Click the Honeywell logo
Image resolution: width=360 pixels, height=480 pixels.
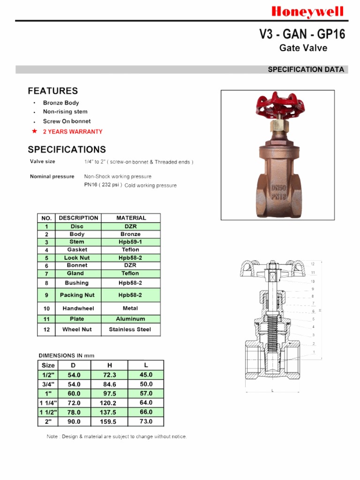[x=308, y=12]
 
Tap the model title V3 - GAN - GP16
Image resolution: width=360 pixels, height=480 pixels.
[x=302, y=34]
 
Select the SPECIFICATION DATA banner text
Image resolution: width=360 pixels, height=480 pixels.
[x=306, y=69]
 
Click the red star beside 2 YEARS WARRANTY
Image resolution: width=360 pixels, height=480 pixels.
[x=34, y=131]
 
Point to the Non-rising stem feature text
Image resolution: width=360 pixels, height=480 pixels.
[x=65, y=112]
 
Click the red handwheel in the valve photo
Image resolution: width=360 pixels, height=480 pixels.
[x=277, y=106]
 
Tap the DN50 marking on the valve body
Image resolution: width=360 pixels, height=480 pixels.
[x=278, y=187]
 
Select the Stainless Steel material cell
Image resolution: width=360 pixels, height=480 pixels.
[x=130, y=330]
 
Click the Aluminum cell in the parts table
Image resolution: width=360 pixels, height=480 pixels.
[x=131, y=319]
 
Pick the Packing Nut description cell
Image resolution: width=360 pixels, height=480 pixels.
[x=77, y=295]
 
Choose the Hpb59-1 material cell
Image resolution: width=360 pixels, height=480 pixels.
[x=130, y=242]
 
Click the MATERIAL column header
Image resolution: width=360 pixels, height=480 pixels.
[x=131, y=218]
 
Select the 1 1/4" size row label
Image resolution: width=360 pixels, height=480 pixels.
[x=48, y=403]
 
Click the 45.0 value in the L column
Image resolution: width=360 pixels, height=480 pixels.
[x=146, y=375]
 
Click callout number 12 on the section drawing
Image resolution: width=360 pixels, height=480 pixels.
[x=313, y=264]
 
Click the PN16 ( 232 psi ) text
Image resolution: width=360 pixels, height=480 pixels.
[x=103, y=185]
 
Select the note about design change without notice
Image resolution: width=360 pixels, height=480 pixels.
[x=117, y=436]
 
